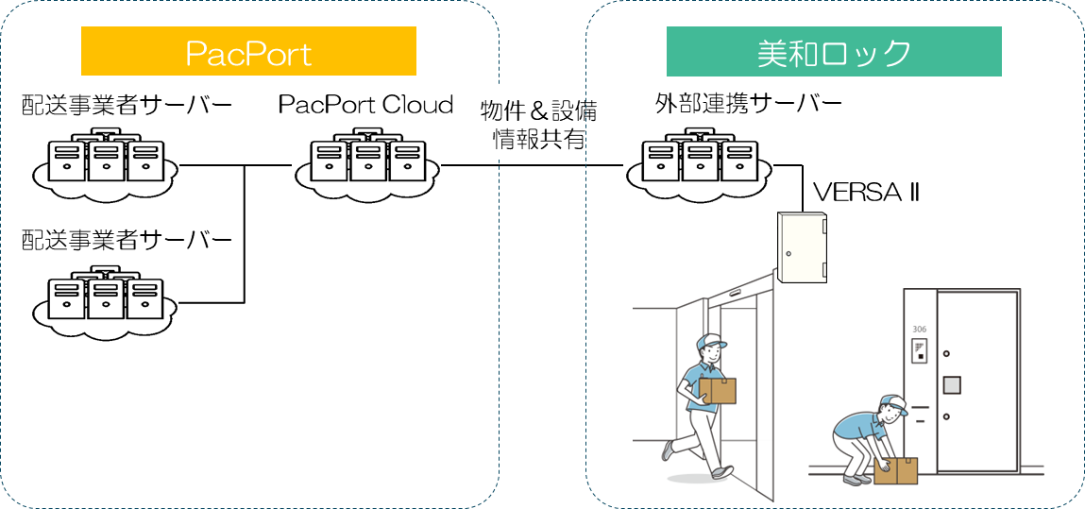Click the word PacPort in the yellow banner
248,53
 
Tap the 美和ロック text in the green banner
834,53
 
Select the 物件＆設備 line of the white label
539,110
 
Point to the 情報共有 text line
539,140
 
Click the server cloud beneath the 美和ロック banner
698,163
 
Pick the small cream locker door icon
801,247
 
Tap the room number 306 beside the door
919,330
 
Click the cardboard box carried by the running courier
718,391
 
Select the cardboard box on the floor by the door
896,470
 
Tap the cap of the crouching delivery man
894,403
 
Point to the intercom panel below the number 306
919,353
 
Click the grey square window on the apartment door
952,384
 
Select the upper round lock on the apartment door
945,352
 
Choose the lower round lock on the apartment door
945,416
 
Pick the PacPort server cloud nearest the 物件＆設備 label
367,163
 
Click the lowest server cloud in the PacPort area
104,301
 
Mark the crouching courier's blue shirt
858,427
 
